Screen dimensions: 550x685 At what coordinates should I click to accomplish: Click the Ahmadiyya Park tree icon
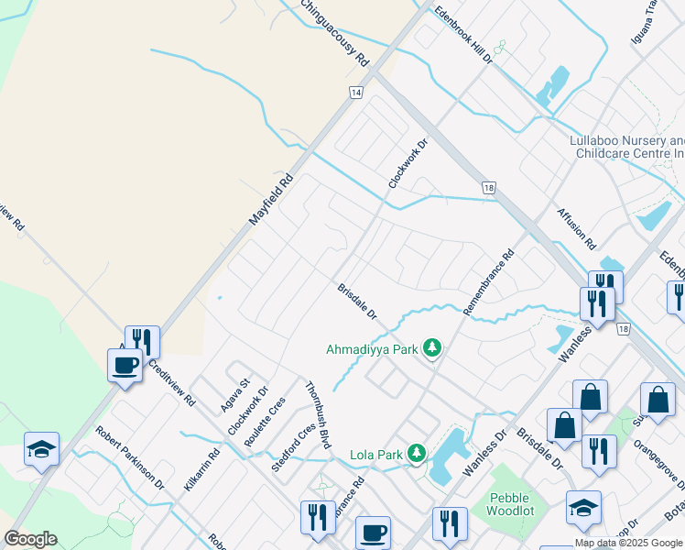(432, 349)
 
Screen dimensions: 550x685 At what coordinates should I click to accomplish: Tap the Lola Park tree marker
(417, 454)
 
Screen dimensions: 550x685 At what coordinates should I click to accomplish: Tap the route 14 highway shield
(355, 93)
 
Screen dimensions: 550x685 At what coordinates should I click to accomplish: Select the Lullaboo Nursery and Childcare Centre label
(626, 147)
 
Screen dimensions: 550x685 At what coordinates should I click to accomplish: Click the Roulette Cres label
(266, 422)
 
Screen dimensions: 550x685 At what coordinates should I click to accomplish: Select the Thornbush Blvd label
(316, 415)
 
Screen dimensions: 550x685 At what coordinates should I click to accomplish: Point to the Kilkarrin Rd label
(201, 469)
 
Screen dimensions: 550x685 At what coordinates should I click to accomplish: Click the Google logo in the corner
(31, 539)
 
